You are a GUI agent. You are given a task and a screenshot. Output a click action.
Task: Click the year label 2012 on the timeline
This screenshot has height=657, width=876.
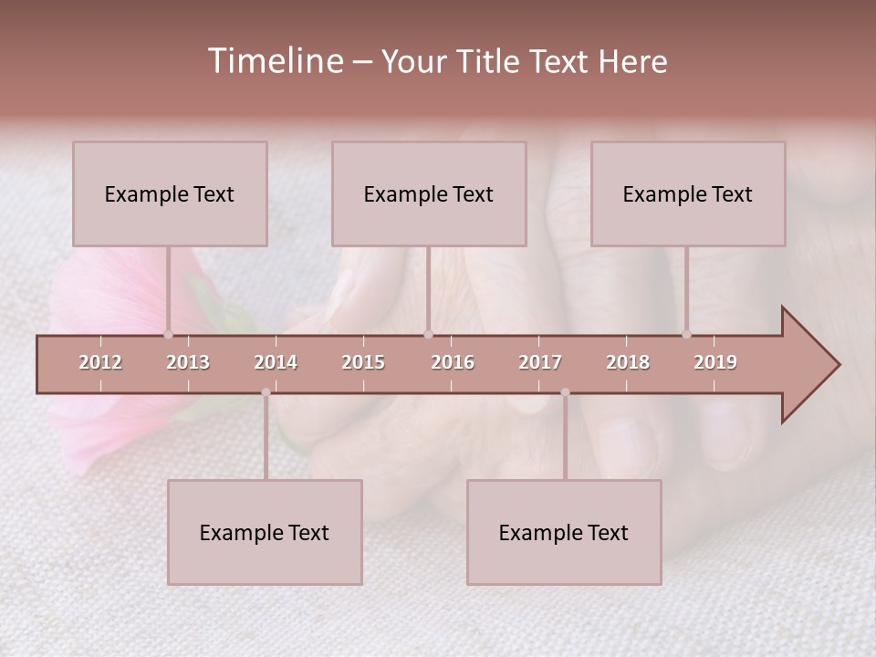pyautogui.click(x=100, y=362)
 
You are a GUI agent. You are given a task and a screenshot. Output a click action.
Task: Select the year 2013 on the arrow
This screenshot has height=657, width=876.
pyautogui.click(x=188, y=362)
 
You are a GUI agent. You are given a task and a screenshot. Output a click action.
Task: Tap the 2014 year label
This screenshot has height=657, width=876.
pyautogui.click(x=276, y=362)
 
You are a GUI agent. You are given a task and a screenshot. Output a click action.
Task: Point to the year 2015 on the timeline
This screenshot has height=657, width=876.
pyautogui.click(x=363, y=362)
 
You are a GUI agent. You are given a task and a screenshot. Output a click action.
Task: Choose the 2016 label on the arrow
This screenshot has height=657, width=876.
pyautogui.click(x=453, y=362)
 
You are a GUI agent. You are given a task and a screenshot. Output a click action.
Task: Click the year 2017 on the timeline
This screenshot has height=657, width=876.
pyautogui.click(x=540, y=362)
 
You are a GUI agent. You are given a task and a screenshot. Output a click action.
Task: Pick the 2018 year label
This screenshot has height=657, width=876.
pyautogui.click(x=628, y=362)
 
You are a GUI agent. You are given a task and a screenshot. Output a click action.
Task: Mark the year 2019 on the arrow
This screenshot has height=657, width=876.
pyautogui.click(x=715, y=362)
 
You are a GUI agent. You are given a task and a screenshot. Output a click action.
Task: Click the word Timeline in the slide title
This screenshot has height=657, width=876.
pyautogui.click(x=275, y=61)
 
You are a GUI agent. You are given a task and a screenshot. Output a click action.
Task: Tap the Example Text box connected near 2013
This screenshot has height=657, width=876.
pyautogui.click(x=170, y=193)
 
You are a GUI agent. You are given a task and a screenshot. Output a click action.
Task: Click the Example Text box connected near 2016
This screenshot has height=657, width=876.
pyautogui.click(x=429, y=193)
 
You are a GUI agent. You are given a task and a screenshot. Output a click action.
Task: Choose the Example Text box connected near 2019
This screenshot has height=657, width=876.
pyautogui.click(x=688, y=193)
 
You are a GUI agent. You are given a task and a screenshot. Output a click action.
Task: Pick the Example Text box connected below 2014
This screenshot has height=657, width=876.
pyautogui.click(x=265, y=532)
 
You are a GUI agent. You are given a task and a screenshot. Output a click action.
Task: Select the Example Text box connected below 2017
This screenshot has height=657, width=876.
pyautogui.click(x=564, y=532)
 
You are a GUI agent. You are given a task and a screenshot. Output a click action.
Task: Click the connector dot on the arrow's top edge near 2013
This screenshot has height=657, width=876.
pyautogui.click(x=168, y=334)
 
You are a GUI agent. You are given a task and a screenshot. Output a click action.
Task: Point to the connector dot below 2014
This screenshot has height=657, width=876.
pyautogui.click(x=266, y=392)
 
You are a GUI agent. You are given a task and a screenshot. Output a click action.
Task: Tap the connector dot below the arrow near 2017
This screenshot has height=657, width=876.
pyautogui.click(x=565, y=392)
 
